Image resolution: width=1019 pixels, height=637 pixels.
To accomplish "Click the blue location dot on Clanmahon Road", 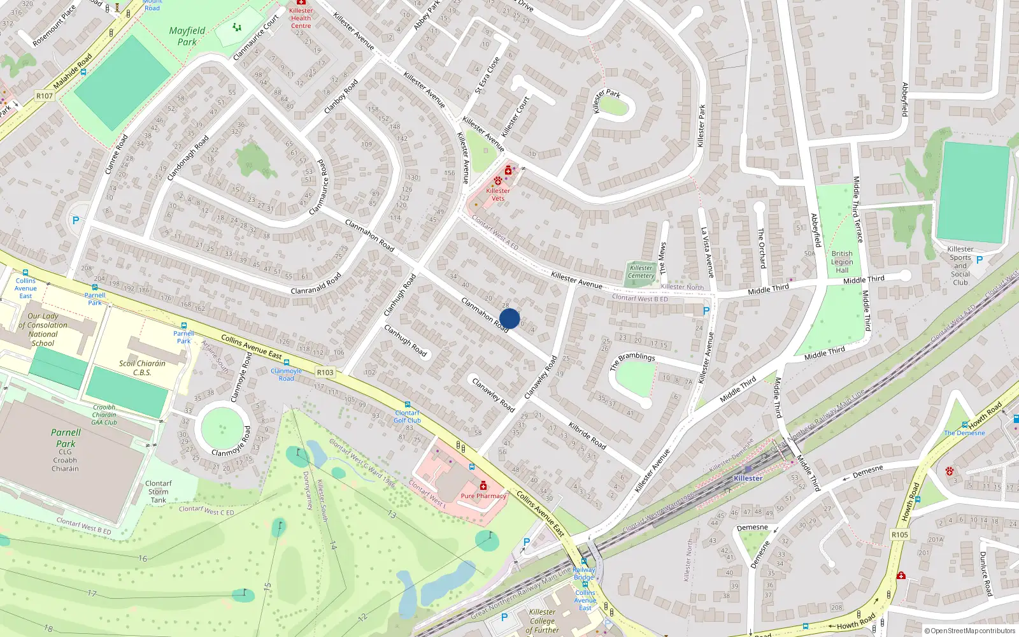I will pos(509,318).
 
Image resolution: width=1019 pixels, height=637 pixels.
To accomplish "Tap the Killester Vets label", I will pos(497,194).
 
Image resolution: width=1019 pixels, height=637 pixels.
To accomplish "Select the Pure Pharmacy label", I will pos(483,496).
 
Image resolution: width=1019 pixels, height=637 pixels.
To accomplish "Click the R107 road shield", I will pos(45,96).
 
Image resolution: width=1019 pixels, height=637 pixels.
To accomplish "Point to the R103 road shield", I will pos(325,373).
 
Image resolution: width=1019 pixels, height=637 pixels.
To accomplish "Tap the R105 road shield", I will pos(899,535).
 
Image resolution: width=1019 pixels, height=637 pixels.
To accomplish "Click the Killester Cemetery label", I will pos(641,272).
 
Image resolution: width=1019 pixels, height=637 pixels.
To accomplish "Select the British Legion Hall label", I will pos(841,262).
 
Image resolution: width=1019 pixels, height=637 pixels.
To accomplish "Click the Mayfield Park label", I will pos(187,36).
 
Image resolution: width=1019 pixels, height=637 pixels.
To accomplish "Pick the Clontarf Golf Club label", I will pos(407,417).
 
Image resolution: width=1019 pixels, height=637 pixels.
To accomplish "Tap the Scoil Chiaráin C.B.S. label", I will pos(142,368).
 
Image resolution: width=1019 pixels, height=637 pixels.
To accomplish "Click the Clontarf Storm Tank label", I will pos(158,492).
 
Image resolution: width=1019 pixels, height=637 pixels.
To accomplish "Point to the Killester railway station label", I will pos(748,478).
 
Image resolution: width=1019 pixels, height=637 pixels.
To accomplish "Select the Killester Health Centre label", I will pos(301,18).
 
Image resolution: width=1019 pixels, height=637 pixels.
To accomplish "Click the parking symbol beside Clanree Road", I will pos(76,220).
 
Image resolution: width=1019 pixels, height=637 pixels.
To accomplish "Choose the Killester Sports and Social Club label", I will pos(960,266).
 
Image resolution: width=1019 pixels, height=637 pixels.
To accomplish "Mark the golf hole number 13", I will pos(392,515).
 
